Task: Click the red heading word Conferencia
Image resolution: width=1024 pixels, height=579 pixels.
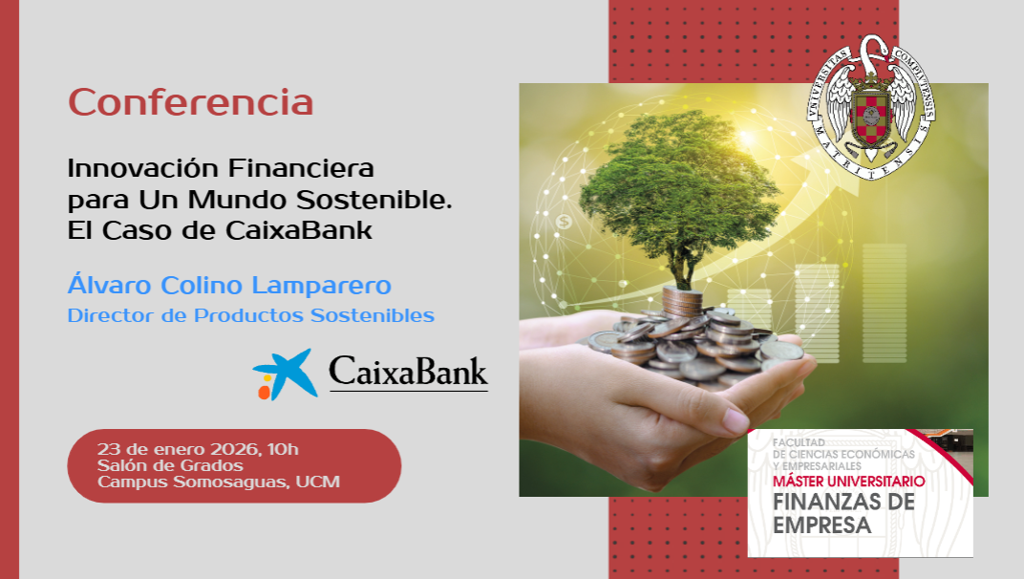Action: click(191, 102)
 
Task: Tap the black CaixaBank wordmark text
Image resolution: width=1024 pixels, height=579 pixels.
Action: click(408, 372)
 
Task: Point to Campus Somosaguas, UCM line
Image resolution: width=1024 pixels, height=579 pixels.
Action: click(218, 482)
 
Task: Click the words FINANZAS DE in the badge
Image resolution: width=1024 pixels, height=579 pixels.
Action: click(843, 503)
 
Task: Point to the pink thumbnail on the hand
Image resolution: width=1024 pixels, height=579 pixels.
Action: click(736, 418)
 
